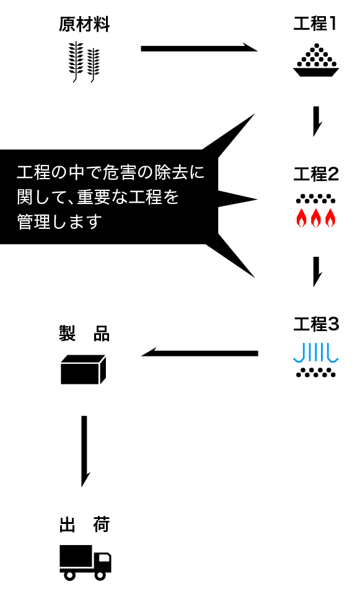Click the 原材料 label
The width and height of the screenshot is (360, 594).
click(x=84, y=24)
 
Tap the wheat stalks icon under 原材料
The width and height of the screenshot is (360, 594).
click(x=84, y=62)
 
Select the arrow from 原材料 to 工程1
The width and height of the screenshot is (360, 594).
click(x=199, y=48)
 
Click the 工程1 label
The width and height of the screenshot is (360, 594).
click(x=315, y=24)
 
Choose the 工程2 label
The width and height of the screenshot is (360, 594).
click(x=316, y=174)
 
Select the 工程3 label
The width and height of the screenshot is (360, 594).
click(x=316, y=324)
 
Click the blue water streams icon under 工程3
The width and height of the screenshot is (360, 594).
click(x=316, y=353)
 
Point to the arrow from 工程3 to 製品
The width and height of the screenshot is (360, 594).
click(x=200, y=352)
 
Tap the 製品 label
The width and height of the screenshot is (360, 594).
click(x=84, y=334)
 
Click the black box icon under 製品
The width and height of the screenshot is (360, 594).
click(x=83, y=370)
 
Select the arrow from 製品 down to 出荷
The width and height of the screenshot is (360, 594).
click(x=85, y=451)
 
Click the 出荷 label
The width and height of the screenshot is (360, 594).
click(x=84, y=525)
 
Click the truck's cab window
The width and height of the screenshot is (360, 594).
click(x=103, y=558)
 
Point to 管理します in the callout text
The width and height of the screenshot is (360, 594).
click(x=59, y=221)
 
